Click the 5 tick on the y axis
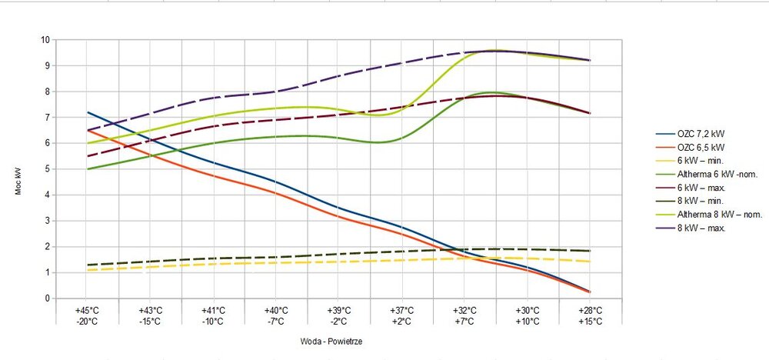(x=48, y=169)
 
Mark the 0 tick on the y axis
(x=48, y=298)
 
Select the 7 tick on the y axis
(x=48, y=118)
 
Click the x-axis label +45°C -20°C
(x=87, y=315)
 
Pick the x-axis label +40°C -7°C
(x=276, y=315)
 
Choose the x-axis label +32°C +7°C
(x=465, y=315)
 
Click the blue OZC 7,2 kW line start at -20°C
(x=88, y=112)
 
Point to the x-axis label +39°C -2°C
(x=339, y=315)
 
